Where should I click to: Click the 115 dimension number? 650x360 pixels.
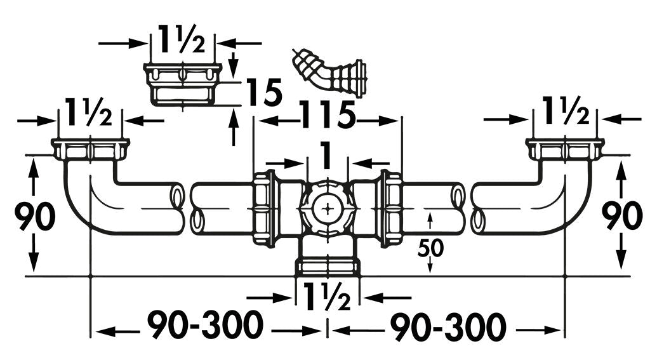coord(327,115)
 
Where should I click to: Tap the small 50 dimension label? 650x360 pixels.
coord(430,248)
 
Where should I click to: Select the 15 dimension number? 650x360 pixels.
coord(264,93)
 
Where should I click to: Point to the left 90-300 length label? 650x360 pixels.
coord(206,326)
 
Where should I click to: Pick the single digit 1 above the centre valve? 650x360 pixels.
coord(327,156)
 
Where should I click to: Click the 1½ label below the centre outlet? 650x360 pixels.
coord(327,296)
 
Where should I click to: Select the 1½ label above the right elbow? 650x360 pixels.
coord(566,110)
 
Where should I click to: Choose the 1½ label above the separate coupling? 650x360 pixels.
coord(182,39)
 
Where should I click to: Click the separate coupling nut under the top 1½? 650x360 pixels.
coord(183,84)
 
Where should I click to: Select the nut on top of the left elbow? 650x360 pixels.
coord(90,149)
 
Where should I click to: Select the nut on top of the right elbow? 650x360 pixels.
coord(565,149)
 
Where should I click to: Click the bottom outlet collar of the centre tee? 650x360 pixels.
coord(328,267)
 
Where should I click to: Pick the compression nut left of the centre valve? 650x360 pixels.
coord(265,209)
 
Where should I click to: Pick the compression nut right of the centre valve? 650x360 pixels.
coord(390,209)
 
